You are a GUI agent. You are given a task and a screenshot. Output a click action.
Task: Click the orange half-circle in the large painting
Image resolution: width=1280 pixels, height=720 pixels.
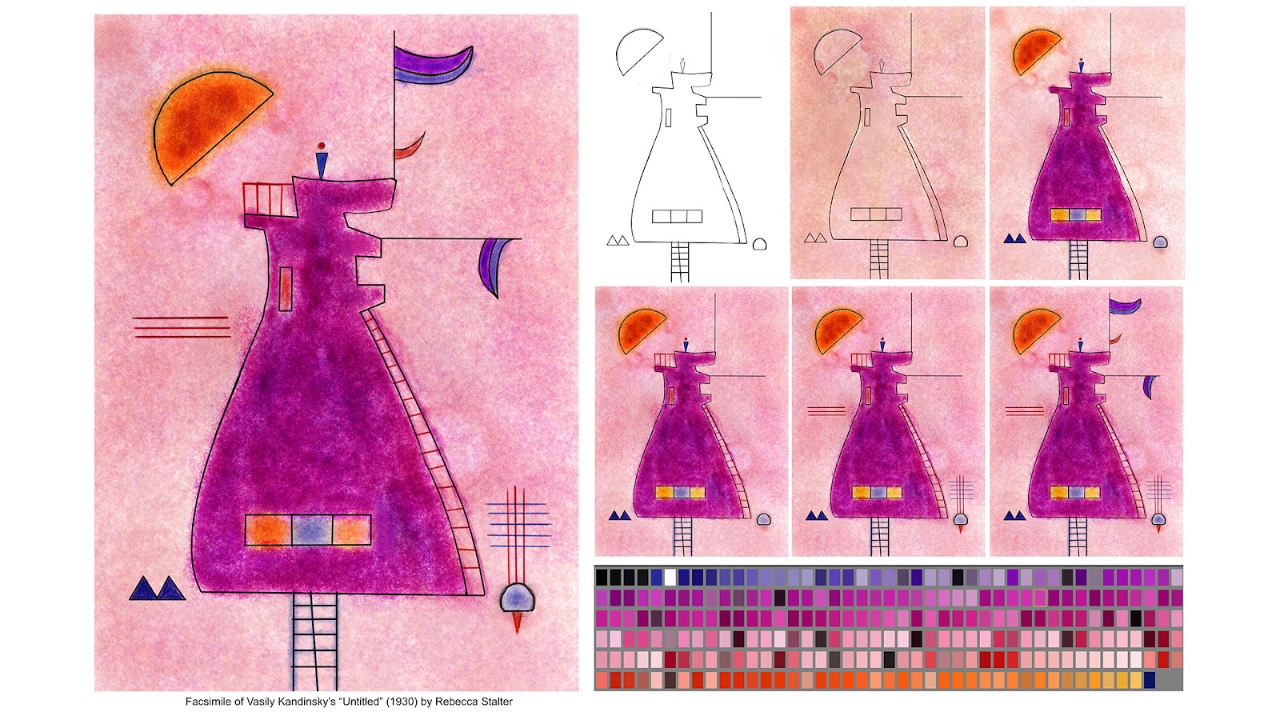click(x=203, y=125)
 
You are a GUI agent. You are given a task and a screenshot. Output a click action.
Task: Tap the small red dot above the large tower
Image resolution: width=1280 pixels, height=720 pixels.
click(x=322, y=146)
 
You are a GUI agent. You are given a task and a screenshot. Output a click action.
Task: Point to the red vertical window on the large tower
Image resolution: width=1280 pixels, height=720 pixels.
click(x=286, y=289)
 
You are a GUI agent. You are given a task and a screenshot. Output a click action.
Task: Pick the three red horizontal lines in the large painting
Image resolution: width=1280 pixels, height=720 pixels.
click(x=181, y=327)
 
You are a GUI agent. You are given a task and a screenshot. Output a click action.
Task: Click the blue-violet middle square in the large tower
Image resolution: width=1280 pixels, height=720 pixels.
click(x=312, y=530)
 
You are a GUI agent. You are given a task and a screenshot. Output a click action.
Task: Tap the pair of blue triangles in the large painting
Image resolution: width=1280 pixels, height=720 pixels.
click(x=157, y=588)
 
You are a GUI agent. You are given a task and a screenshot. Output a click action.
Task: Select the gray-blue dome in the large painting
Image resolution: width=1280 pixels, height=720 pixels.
click(x=517, y=598)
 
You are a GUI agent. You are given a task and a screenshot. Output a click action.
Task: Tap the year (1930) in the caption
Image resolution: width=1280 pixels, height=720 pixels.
click(x=402, y=702)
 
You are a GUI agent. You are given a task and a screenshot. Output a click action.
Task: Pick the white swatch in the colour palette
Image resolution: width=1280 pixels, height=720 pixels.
click(x=670, y=577)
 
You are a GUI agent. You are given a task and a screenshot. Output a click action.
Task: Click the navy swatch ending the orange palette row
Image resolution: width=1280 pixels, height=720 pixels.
click(x=1149, y=680)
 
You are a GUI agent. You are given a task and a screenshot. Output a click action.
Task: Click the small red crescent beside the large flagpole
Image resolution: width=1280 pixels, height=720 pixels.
click(x=410, y=146)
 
